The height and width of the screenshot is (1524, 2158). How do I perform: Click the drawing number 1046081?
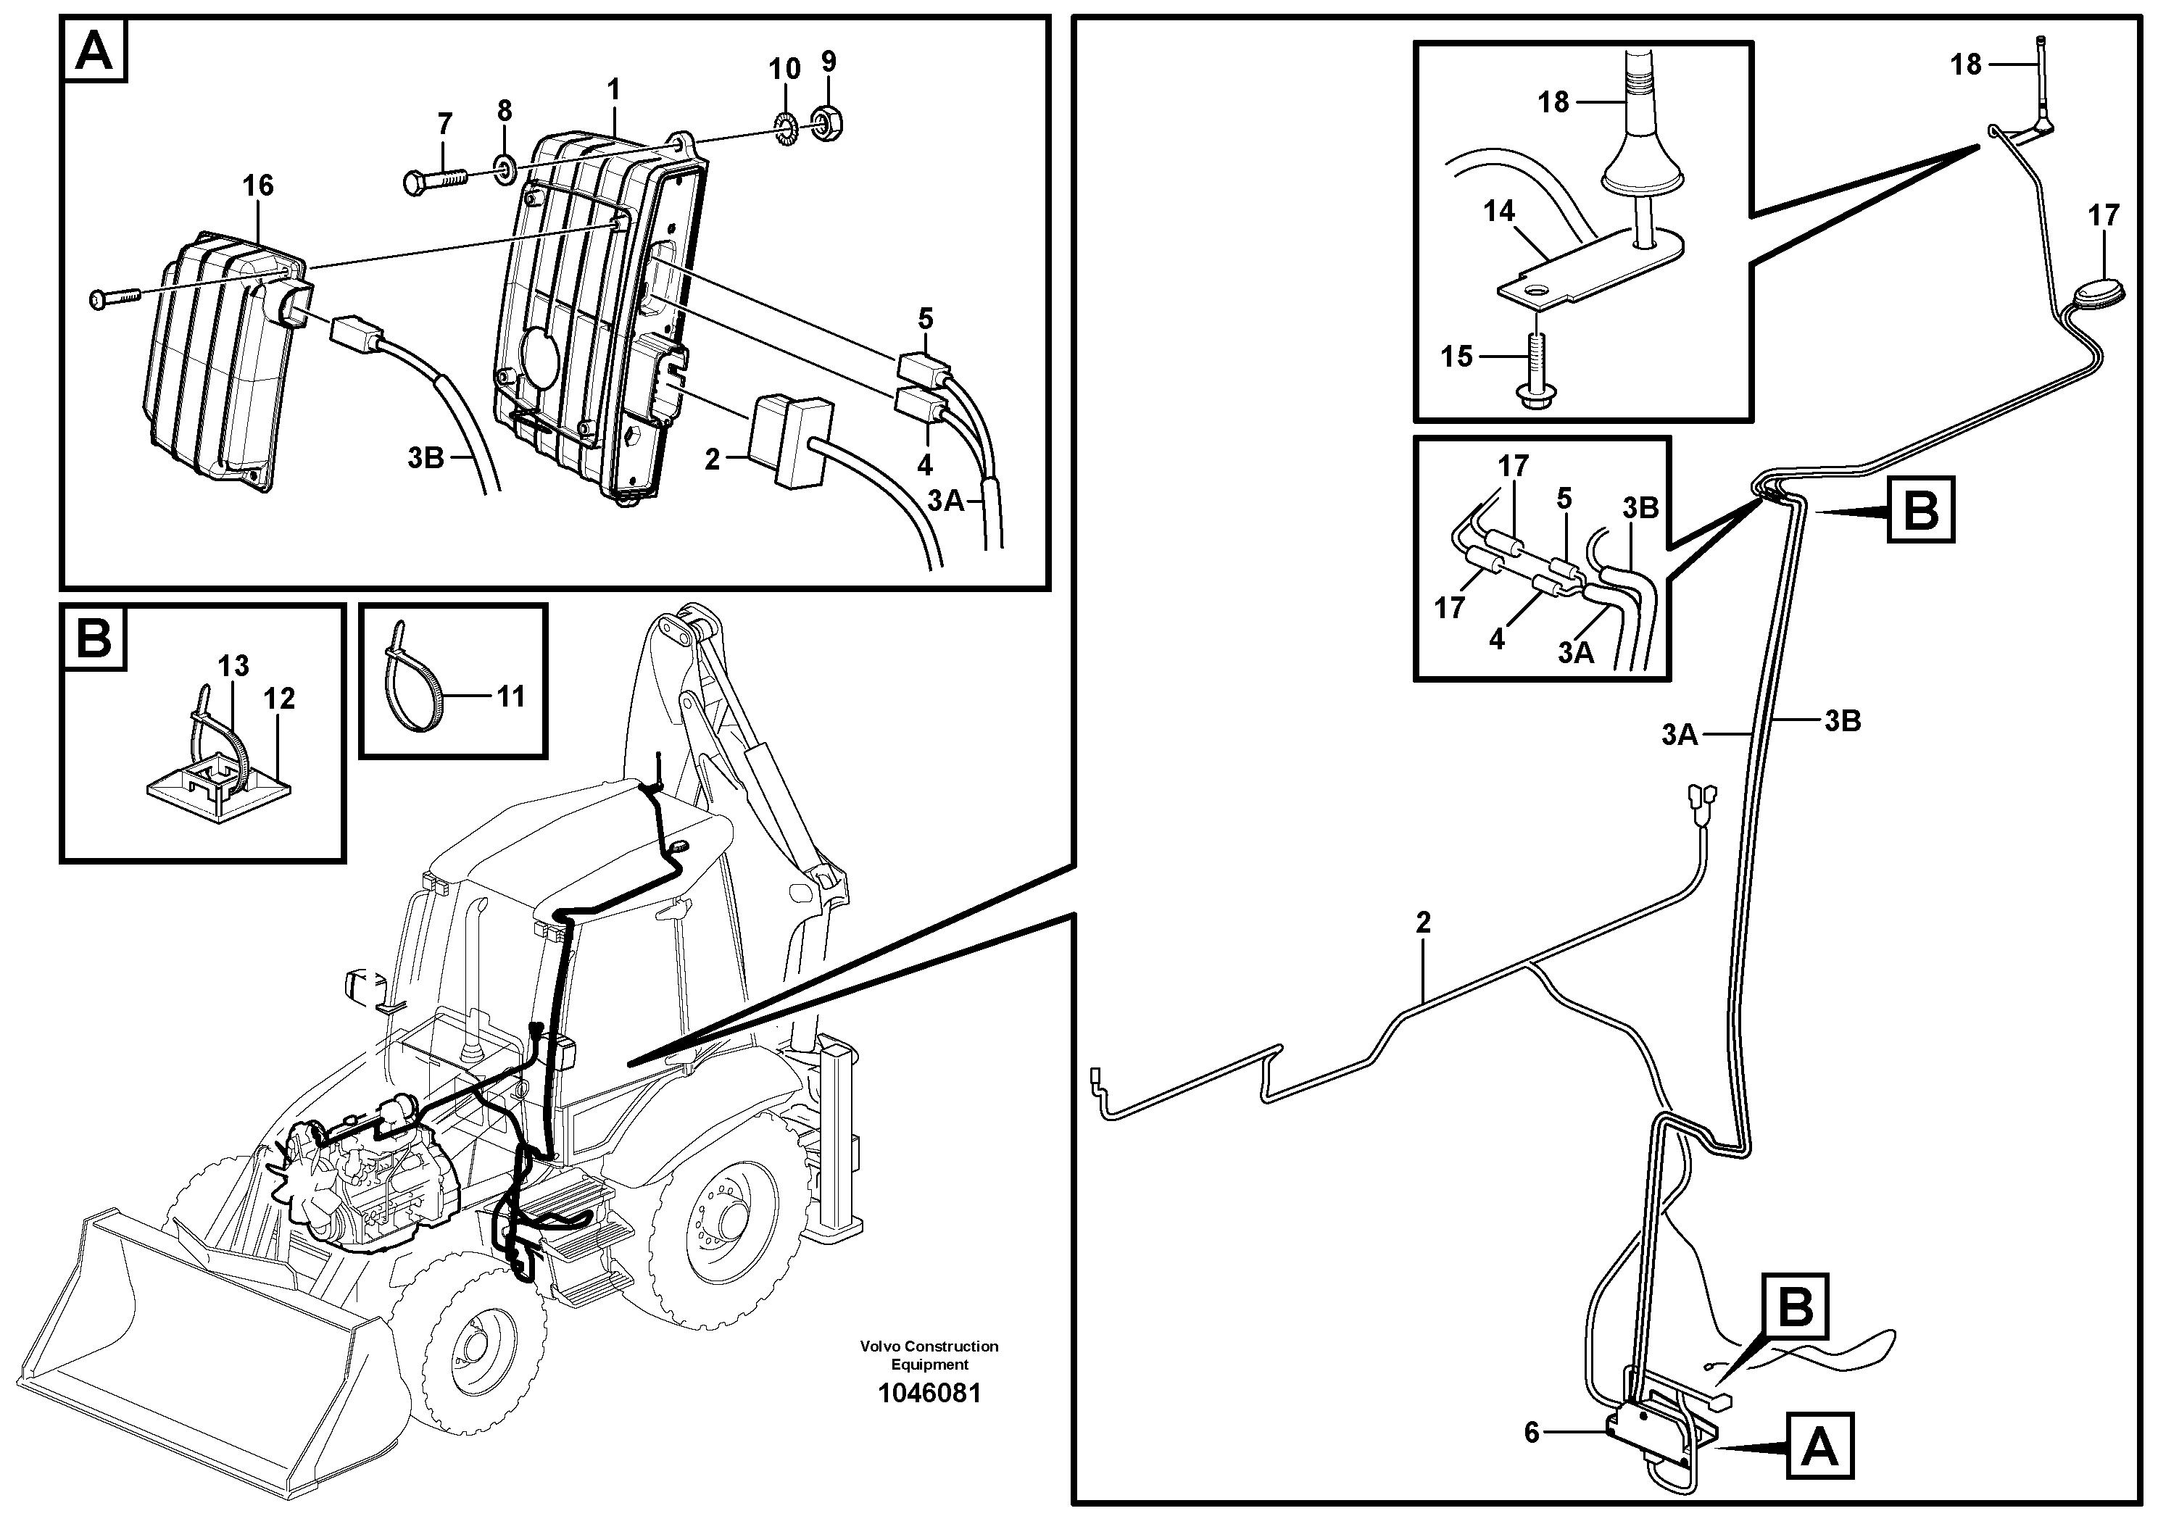929,1392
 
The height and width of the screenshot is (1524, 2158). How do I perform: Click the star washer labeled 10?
783,123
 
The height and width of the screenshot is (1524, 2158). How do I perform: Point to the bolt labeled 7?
437,178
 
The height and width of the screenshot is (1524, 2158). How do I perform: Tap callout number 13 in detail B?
233,665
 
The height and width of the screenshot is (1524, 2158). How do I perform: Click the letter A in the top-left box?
94,51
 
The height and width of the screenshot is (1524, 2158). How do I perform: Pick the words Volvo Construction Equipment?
929,1355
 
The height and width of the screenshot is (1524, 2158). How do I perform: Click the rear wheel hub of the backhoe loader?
729,1219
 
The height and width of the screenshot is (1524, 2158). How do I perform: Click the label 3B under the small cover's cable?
426,457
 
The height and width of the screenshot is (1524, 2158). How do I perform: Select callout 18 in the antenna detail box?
1553,101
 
